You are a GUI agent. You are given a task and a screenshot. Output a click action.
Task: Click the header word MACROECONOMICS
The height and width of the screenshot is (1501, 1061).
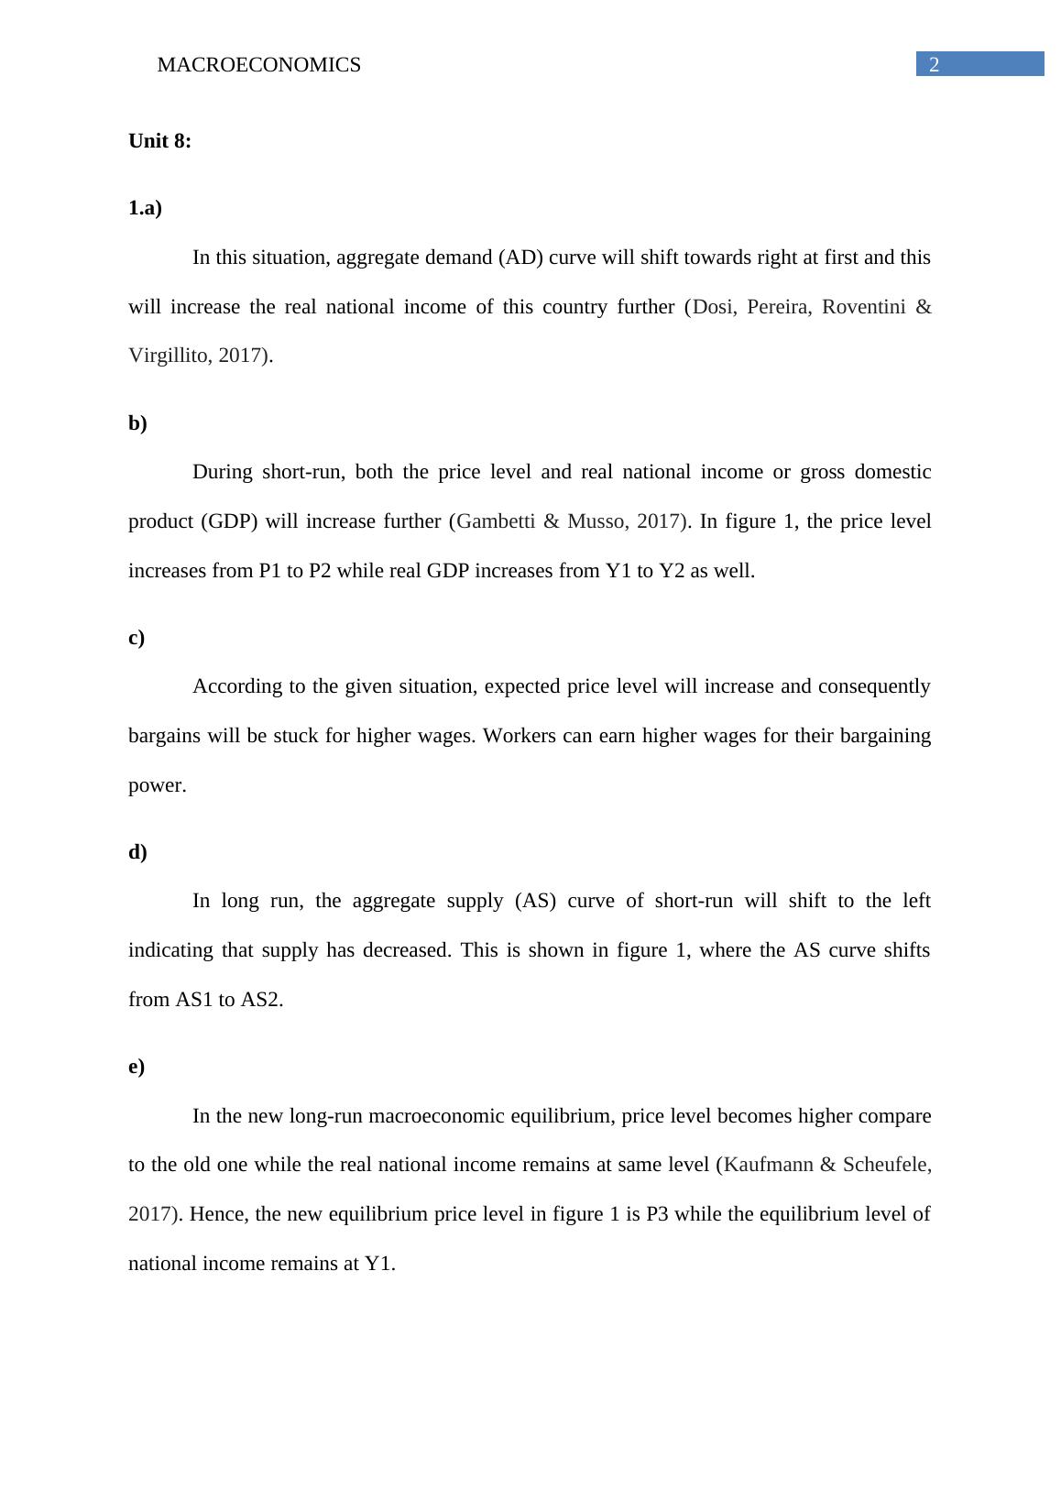click(258, 65)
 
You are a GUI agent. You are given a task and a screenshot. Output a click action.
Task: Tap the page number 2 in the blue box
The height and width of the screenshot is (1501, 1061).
click(935, 64)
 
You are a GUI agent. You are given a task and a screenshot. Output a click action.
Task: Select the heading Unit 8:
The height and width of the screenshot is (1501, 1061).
click(159, 141)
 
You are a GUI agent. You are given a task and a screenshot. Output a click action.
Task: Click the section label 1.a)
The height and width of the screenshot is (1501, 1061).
click(145, 208)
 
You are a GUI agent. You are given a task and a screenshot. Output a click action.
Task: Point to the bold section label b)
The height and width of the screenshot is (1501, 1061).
click(137, 423)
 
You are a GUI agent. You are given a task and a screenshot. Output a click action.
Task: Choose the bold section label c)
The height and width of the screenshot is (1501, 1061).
click(137, 638)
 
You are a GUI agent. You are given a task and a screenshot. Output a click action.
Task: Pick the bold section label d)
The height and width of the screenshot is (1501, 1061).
click(137, 852)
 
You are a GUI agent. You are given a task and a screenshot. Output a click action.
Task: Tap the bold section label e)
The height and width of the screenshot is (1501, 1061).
click(137, 1067)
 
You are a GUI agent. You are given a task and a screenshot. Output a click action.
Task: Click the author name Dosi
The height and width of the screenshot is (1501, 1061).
click(714, 307)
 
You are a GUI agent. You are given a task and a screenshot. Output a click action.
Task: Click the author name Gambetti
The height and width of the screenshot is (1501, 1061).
click(495, 521)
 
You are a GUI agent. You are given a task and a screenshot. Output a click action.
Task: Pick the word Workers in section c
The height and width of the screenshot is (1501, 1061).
click(518, 736)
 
